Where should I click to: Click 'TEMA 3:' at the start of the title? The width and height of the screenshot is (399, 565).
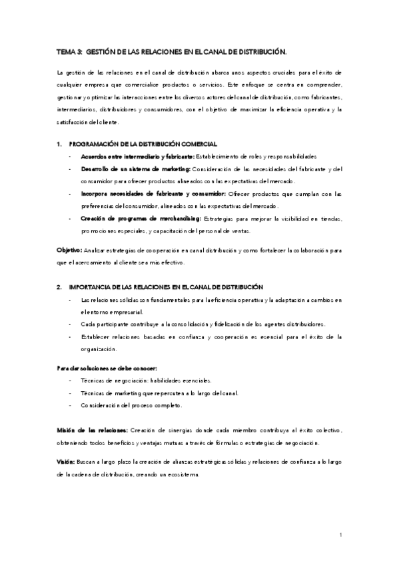[70, 51]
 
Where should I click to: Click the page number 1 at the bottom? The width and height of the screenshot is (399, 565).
[340, 535]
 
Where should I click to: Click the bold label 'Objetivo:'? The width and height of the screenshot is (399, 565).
[69, 250]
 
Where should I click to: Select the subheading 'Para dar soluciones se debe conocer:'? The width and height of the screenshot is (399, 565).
[106, 368]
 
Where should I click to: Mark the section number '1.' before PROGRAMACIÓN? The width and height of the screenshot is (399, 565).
[59, 144]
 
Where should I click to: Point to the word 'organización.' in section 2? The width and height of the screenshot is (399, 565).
[99, 348]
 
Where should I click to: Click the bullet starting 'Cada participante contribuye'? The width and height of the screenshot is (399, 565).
[202, 324]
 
